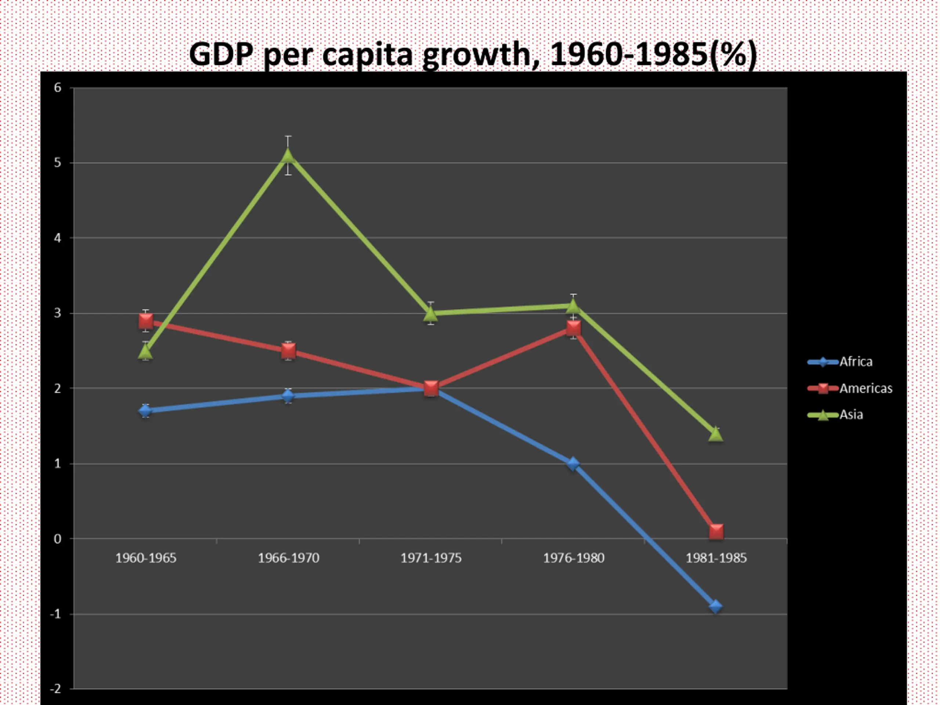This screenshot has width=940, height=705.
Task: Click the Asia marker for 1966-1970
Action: click(x=288, y=156)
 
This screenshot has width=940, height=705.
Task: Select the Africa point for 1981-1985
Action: click(x=716, y=606)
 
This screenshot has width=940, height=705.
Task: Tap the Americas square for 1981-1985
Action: click(x=716, y=531)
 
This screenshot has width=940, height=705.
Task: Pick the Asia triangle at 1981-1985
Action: click(x=716, y=434)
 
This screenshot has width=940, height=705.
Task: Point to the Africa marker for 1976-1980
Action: click(x=573, y=463)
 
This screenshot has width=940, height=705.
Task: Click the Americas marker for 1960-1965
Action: click(x=146, y=321)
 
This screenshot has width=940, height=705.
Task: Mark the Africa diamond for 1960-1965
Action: click(x=145, y=411)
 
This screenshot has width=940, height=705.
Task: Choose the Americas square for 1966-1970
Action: click(x=288, y=351)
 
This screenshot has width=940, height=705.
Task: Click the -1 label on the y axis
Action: click(x=56, y=614)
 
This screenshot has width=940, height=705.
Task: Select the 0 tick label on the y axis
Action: click(x=58, y=539)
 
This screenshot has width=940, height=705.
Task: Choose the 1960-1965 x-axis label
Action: click(x=146, y=558)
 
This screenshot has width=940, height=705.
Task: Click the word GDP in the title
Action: click(x=221, y=54)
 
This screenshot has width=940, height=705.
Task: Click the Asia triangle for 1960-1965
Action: click(x=145, y=352)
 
